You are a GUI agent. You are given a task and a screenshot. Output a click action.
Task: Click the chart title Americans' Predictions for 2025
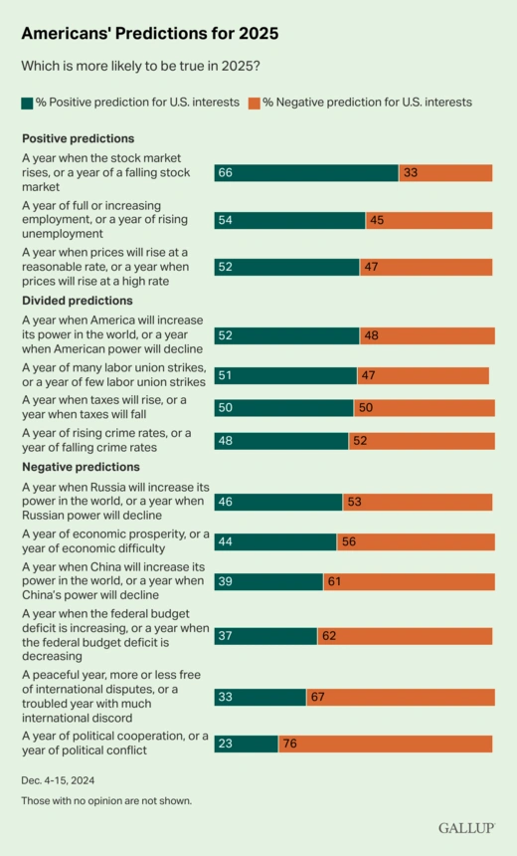[x=150, y=33]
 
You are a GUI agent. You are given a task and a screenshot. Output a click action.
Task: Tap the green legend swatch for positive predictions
[x=27, y=103]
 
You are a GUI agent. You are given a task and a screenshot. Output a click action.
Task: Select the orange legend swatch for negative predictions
[x=255, y=103]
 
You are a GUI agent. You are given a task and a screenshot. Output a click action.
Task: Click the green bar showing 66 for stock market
[x=306, y=173]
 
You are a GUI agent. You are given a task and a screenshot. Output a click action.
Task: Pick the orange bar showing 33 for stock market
[x=445, y=173]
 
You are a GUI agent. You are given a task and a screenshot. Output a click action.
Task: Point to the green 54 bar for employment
[x=289, y=220]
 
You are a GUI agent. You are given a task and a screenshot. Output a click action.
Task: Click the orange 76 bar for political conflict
[x=386, y=744]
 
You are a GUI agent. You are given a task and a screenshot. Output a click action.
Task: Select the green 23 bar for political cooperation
[x=247, y=744]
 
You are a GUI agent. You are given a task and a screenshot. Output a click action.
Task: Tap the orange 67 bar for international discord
[x=400, y=697]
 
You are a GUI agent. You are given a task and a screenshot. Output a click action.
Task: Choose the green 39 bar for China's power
[x=268, y=582]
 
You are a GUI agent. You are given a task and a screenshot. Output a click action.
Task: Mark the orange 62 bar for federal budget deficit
[x=405, y=636]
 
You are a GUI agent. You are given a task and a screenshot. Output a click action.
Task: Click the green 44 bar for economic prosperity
[x=275, y=541]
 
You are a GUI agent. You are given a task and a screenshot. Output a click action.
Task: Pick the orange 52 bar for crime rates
[x=421, y=441]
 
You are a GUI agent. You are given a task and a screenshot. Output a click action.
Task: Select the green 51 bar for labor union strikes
[x=285, y=375]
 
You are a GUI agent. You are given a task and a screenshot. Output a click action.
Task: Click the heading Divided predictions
[x=78, y=301]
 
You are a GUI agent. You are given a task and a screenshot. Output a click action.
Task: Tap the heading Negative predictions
[x=82, y=466]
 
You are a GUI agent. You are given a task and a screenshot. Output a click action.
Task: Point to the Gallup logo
[x=466, y=828]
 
